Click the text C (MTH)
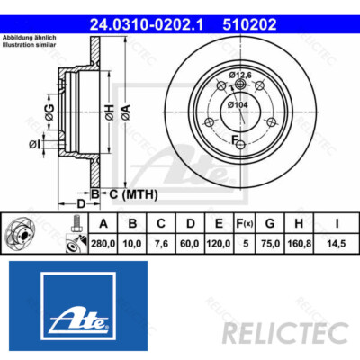[131, 193]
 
